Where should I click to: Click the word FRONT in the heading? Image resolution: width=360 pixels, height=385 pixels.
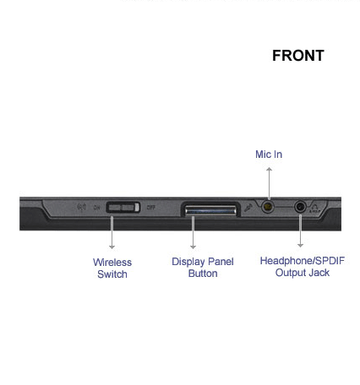point(298,56)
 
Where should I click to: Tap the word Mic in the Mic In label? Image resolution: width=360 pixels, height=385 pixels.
point(263,155)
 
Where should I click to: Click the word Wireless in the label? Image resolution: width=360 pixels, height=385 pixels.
point(112,263)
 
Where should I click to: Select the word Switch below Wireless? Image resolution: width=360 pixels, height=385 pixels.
point(112,274)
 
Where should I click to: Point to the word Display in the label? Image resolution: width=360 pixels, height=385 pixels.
point(188,262)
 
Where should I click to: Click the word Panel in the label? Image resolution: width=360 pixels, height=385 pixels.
point(221,262)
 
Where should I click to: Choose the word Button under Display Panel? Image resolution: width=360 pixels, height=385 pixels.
point(203,274)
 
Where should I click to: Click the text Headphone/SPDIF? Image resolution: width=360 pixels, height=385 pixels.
point(303,261)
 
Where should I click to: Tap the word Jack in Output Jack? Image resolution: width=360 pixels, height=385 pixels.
point(319,273)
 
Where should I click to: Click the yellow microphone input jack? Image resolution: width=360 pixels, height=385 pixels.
point(268,207)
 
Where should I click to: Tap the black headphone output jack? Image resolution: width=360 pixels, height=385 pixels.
point(301,207)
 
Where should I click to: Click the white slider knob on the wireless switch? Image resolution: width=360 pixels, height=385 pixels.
point(137,208)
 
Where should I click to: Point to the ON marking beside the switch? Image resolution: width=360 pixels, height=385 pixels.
point(96,208)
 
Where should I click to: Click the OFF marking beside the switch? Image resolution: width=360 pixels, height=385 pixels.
point(151,208)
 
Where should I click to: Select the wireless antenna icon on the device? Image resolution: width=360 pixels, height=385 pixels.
point(82,208)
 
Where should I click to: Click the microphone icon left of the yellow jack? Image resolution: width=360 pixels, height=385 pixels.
point(248,208)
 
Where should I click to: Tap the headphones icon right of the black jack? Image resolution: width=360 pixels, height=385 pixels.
point(314,207)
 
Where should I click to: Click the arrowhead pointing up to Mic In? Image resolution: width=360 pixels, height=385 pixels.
point(269,169)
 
